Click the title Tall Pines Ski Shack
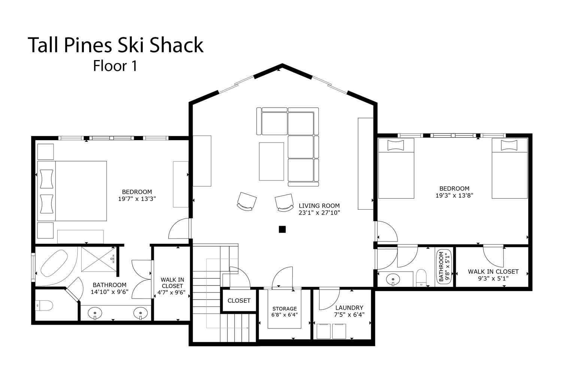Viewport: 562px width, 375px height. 116,45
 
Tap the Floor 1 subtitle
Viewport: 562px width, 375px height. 115,66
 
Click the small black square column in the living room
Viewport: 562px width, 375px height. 282,229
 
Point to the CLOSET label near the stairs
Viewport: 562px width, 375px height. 239,301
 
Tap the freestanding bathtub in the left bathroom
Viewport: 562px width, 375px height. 54,263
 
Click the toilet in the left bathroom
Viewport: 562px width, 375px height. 44,306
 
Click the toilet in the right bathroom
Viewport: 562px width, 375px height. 421,278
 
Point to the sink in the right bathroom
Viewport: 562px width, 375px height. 393,279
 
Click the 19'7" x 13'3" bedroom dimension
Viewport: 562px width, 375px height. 137,199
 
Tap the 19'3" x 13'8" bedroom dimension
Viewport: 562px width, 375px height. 454,195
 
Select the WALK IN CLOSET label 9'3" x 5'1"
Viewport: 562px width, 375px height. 493,275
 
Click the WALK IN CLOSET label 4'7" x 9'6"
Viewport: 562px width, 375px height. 172,286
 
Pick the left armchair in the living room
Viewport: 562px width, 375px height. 247,201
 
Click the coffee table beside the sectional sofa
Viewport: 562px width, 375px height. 272,162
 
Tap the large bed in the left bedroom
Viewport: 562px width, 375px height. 72,191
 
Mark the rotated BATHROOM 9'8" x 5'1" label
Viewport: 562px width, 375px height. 444,267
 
